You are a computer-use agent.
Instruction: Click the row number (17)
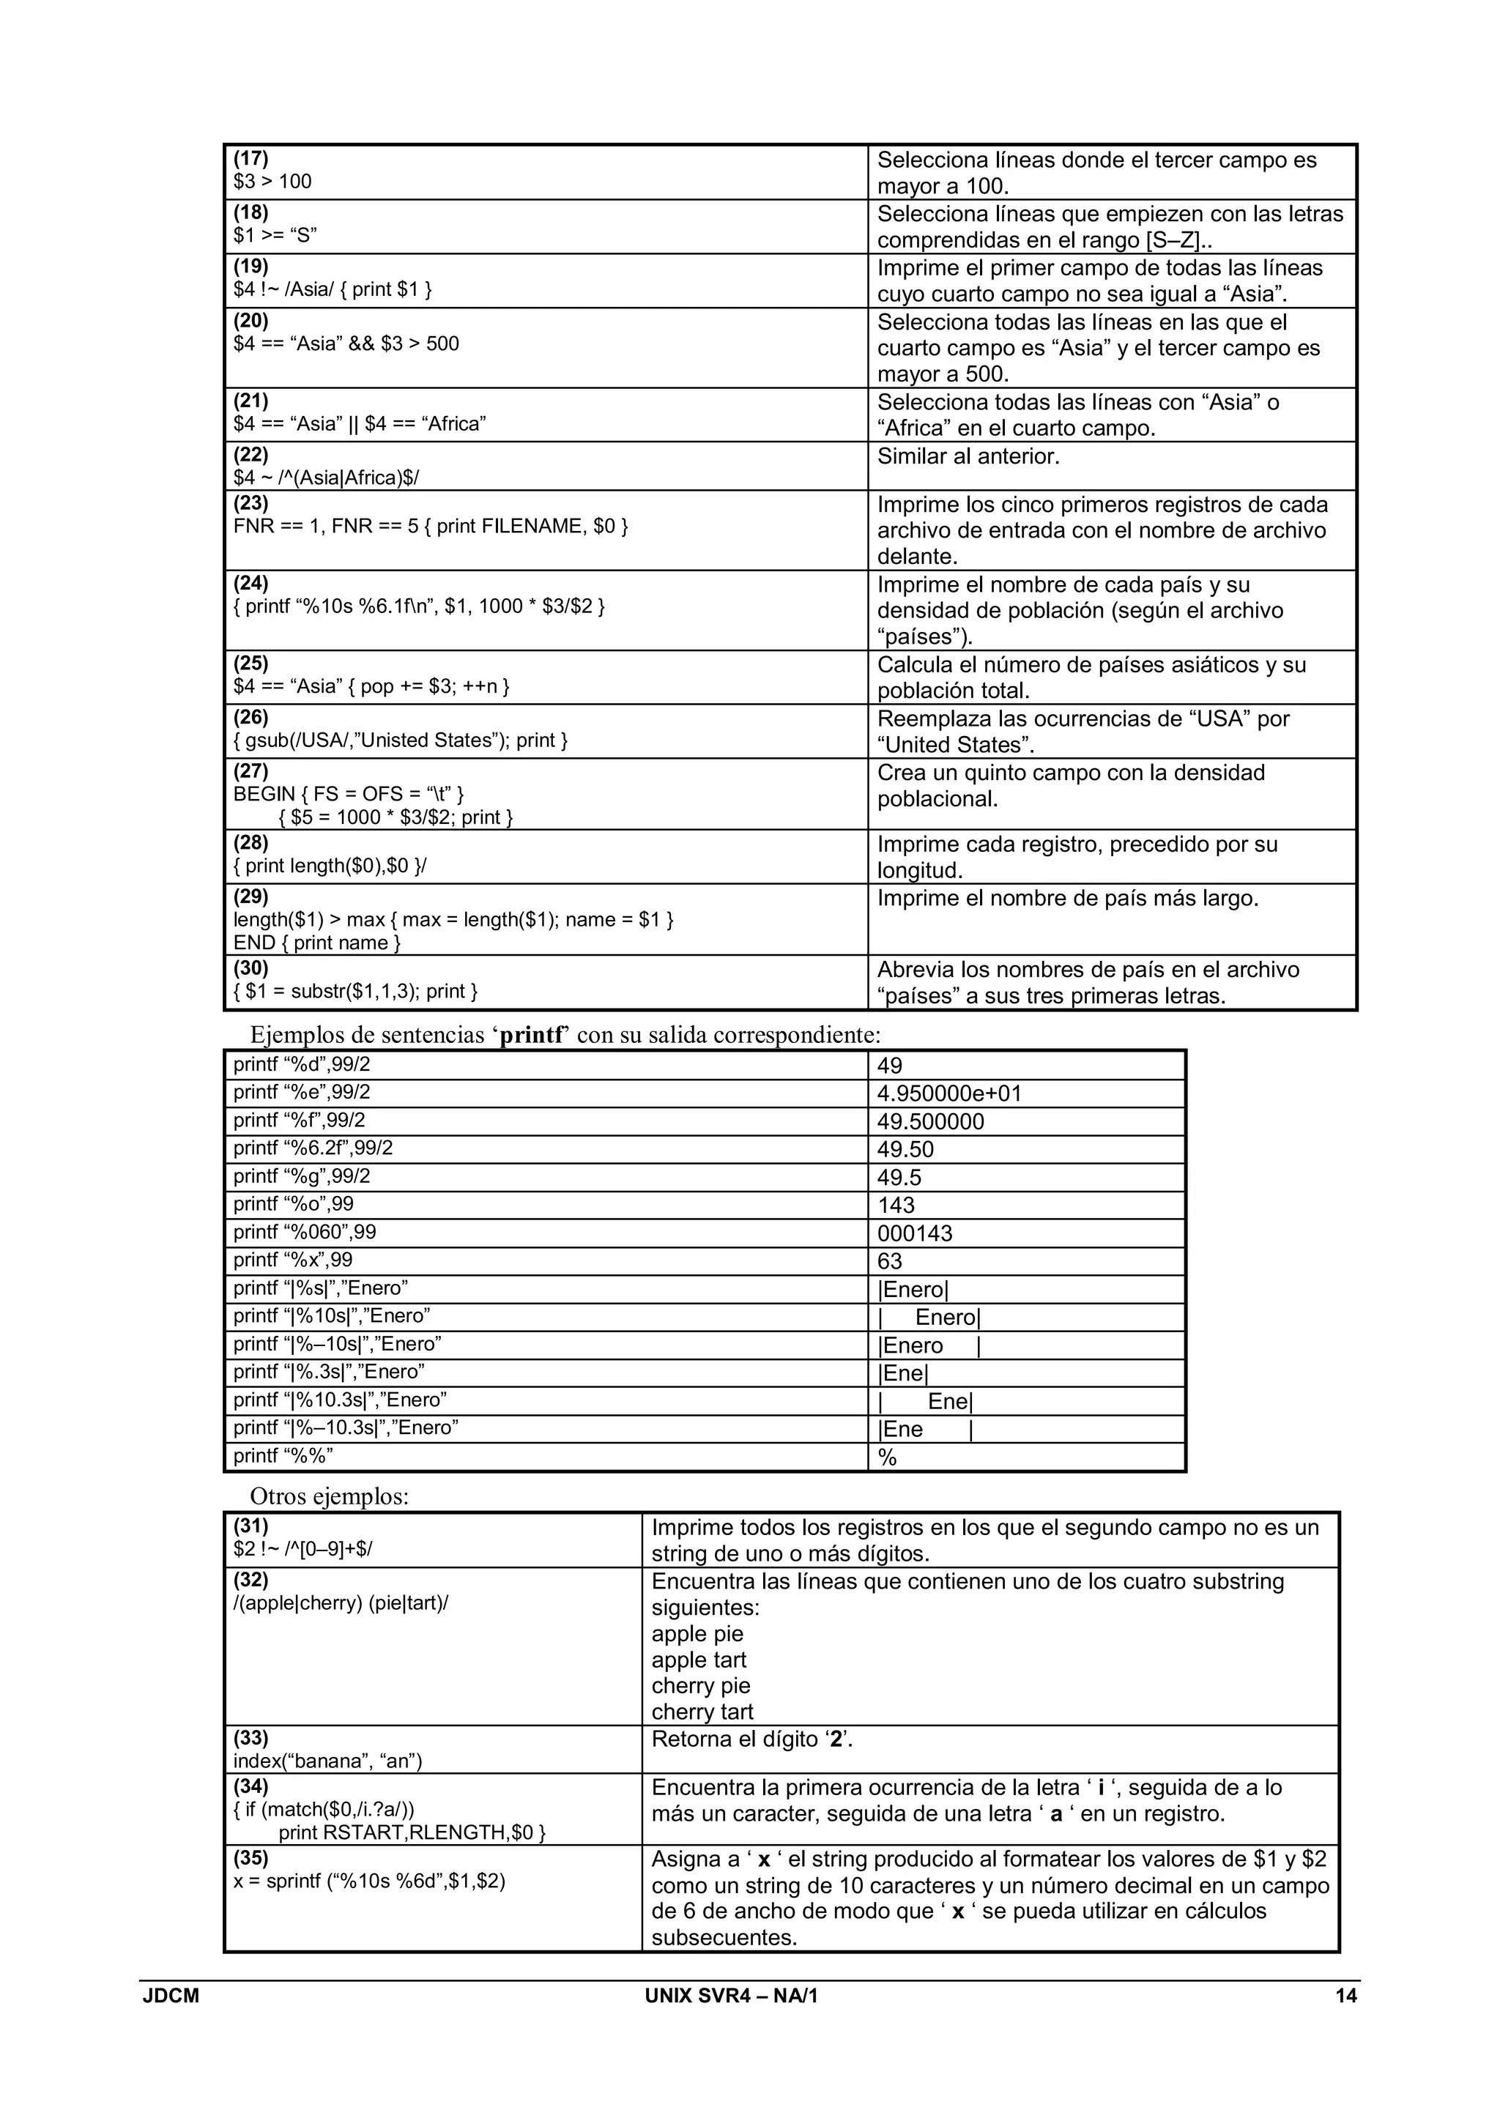[x=250, y=158]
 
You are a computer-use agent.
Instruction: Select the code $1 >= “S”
[x=275, y=234]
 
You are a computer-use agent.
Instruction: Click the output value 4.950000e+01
[x=948, y=1093]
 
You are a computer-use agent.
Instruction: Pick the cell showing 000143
[x=914, y=1233]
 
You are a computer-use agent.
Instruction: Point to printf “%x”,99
[x=293, y=1260]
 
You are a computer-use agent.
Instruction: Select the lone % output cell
[x=888, y=1457]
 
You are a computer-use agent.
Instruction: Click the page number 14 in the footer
[x=1345, y=1995]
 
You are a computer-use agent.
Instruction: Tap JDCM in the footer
[x=171, y=1995]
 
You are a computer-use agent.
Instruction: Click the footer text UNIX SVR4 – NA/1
[x=731, y=1995]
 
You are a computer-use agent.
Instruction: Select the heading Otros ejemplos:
[x=329, y=1496]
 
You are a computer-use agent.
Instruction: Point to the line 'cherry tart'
[x=702, y=1712]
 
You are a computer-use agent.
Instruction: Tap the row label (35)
[x=250, y=1858]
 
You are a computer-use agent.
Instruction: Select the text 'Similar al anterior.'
[x=968, y=456]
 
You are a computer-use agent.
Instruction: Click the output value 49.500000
[x=930, y=1121]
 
